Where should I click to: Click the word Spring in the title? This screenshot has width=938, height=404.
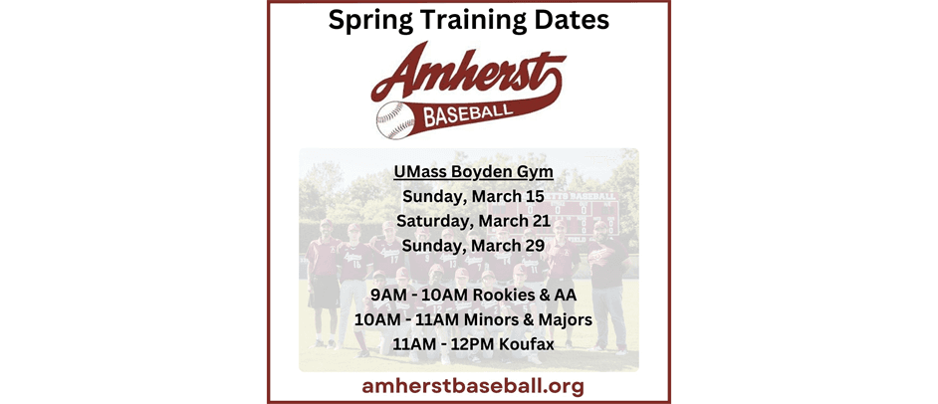[370, 20]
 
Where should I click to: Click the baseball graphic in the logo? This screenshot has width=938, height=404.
[394, 118]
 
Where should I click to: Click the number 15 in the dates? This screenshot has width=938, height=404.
[534, 196]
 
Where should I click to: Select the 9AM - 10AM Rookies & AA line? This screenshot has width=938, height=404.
[473, 296]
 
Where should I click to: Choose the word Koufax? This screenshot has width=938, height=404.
[521, 344]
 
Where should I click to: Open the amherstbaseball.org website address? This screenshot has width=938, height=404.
[473, 385]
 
